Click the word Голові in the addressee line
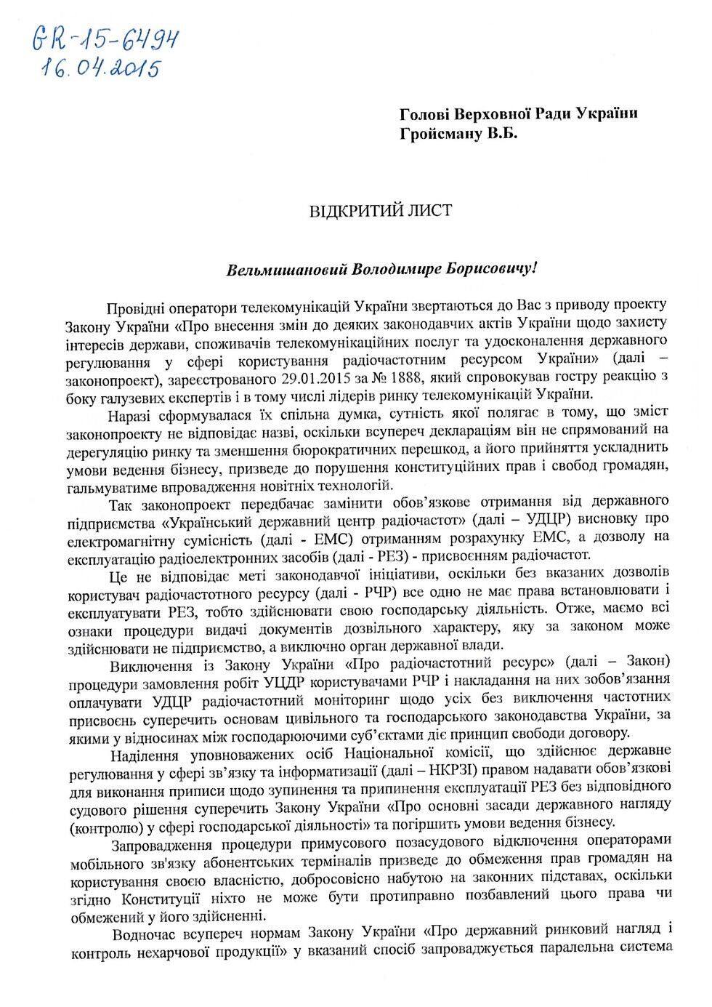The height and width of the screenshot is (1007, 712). tap(424, 115)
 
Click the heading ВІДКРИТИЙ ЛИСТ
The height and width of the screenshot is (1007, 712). tap(381, 212)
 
